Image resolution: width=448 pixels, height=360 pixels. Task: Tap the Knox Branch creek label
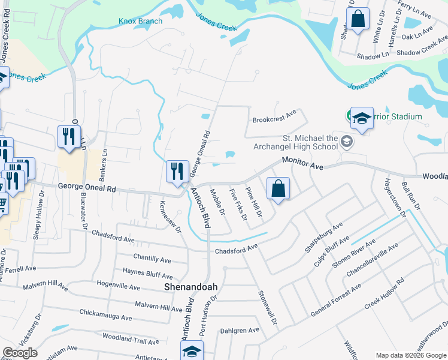[140, 21]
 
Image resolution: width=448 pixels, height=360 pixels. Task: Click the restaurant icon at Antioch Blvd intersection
[177, 172]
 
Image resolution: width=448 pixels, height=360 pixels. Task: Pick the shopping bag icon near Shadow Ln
[358, 18]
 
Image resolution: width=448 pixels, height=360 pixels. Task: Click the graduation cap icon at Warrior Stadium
[362, 119]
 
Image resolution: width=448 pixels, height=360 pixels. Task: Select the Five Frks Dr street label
[238, 205]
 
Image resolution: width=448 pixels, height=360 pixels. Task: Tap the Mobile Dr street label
[216, 202]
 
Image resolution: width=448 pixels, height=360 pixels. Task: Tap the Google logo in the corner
[20, 353]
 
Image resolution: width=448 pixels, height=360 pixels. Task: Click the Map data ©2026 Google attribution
[410, 355]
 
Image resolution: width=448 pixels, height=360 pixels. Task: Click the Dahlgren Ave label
[239, 330]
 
